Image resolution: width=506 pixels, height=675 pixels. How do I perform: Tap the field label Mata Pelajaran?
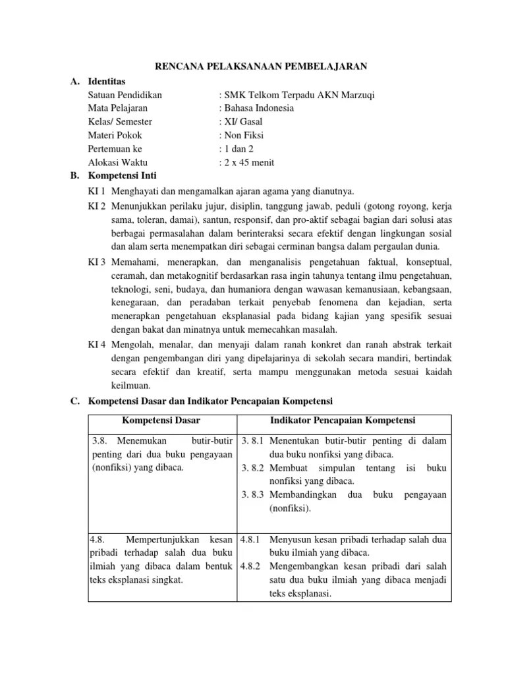118,108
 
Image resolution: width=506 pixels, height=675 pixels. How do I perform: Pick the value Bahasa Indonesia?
258,108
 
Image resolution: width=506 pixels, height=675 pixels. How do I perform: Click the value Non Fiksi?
242,136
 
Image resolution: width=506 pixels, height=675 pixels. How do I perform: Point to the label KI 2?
97,206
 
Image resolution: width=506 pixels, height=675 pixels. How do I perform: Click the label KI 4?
97,345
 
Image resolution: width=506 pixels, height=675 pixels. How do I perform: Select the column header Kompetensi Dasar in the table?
161,421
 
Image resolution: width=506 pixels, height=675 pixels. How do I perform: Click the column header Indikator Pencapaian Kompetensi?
343,421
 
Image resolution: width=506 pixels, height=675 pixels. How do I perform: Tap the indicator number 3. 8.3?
253,495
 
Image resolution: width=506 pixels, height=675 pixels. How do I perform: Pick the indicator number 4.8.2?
251,566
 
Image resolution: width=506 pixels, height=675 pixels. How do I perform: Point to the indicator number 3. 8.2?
253,468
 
